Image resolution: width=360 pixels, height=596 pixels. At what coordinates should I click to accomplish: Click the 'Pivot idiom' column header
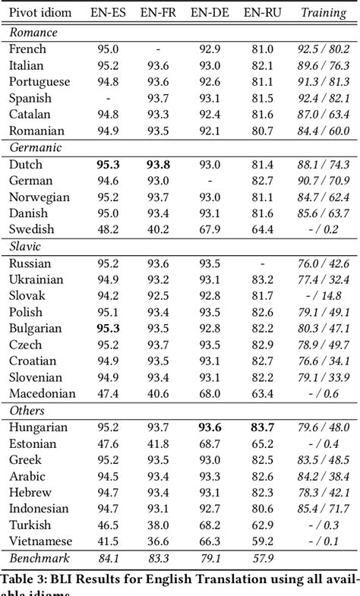39,12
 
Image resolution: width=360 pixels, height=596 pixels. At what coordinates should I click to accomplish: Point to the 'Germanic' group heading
35,147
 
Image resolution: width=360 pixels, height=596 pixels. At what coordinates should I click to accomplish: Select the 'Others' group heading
27,410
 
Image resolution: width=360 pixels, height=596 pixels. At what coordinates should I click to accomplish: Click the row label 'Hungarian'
38,427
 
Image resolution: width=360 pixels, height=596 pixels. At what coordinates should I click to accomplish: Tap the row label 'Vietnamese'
40,541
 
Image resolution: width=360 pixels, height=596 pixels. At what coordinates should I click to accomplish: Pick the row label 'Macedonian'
42,393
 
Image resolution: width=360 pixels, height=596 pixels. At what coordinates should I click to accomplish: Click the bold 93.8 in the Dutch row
158,164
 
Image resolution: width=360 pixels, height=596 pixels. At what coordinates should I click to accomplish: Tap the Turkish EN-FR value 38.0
158,525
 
